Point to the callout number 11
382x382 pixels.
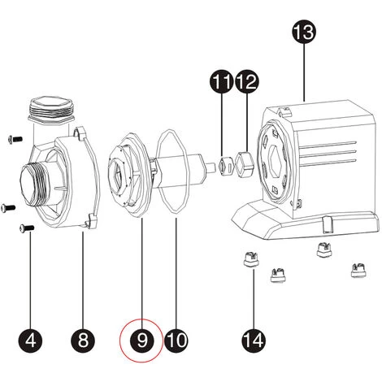pos(221,82)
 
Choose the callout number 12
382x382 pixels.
pos(246,82)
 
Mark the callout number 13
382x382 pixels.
pos(304,33)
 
